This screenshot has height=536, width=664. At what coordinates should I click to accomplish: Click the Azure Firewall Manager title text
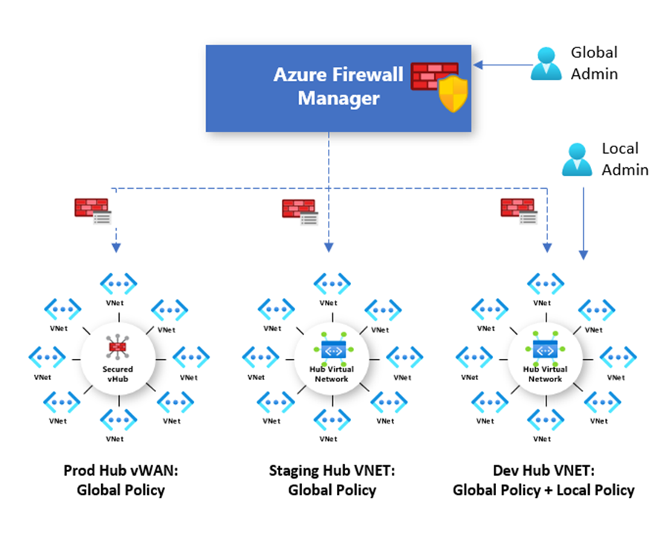[338, 86]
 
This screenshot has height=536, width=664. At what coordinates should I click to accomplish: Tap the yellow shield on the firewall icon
[451, 94]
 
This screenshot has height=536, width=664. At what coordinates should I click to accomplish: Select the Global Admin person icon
[547, 63]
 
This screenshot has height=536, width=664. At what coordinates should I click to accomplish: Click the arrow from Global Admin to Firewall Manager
[501, 65]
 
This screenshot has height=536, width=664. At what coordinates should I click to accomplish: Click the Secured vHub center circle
[117, 357]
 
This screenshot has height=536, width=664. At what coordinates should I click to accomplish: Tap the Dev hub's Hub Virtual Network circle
[545, 358]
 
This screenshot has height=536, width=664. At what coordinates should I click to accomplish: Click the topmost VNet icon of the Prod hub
[118, 283]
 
